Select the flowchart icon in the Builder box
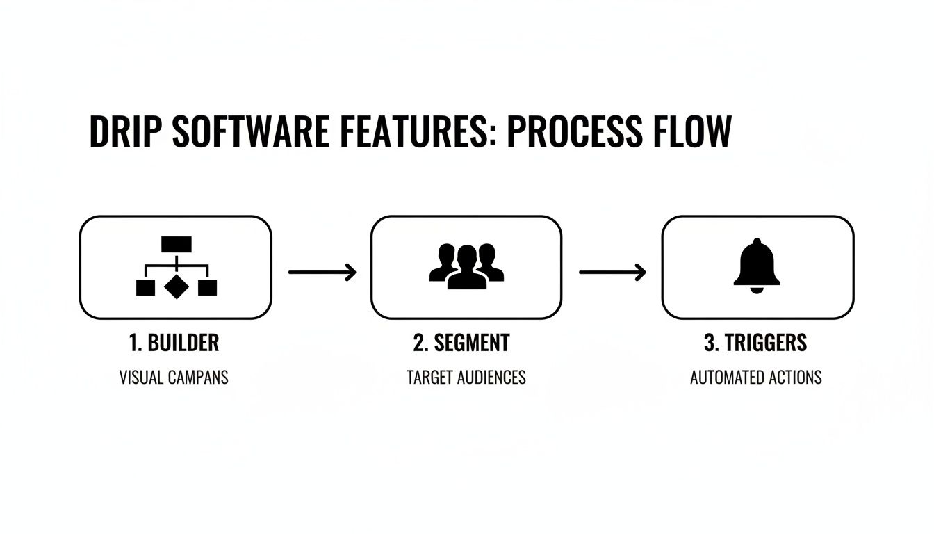[x=176, y=268]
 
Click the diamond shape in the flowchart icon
[x=176, y=286]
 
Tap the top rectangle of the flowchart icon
[x=176, y=244]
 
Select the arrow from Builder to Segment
[x=322, y=272]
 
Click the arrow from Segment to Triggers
[x=612, y=272]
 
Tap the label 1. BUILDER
[x=174, y=342]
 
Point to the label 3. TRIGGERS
[x=756, y=342]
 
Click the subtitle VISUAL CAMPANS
[x=174, y=378]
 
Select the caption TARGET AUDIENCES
[x=466, y=378]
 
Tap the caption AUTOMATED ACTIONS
[x=756, y=378]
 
